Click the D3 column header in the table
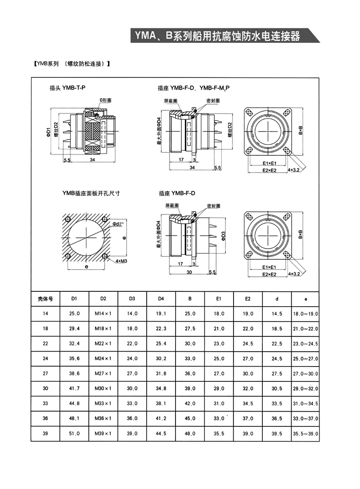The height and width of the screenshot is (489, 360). coord(132,299)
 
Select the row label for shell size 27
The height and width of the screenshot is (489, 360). coord(45,373)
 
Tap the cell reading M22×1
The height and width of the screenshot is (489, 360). coord(103,343)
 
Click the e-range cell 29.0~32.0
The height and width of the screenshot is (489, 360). coord(306,388)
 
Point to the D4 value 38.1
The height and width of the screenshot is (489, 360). coord(161,403)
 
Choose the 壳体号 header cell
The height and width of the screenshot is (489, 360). coord(45,299)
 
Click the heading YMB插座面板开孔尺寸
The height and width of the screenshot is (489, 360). coord(91,193)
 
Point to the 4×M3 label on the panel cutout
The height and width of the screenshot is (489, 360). coord(121,261)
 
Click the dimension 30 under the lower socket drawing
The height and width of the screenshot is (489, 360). coord(189,272)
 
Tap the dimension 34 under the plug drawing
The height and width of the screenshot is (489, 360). coord(92,160)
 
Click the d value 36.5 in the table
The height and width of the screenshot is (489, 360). coord(277,418)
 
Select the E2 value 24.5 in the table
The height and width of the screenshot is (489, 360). coord(248,343)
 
